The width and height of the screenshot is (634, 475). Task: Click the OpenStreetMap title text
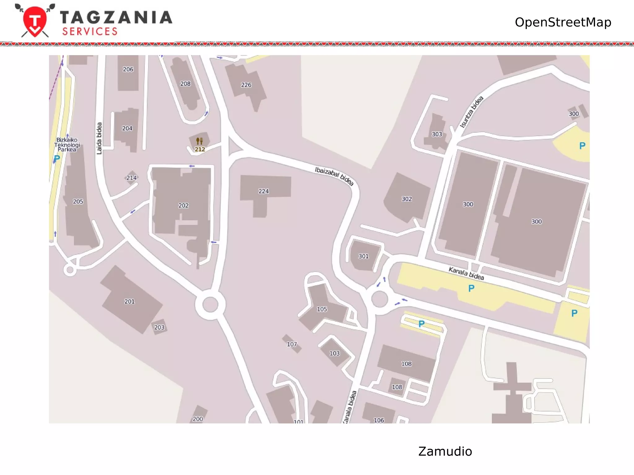563,22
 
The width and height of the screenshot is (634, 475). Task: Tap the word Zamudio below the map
445,451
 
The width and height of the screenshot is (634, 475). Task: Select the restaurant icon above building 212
199,141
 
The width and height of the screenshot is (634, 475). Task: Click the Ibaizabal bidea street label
334,176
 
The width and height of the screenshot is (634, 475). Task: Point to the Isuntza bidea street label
471,112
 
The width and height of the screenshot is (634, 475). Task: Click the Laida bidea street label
99,138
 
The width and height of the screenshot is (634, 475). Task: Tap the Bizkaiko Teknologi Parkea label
67,144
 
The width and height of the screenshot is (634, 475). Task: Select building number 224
263,191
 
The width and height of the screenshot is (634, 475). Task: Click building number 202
183,205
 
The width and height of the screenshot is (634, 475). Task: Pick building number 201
129,301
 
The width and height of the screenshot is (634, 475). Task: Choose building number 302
406,199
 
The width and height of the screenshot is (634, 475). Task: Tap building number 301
363,256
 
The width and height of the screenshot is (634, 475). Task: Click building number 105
322,309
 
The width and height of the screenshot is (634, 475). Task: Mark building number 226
246,85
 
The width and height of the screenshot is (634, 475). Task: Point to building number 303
437,134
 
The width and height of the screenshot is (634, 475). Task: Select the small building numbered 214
131,178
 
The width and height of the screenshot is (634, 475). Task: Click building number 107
292,344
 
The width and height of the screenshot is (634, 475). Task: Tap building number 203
159,327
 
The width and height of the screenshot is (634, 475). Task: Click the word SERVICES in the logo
90,32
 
